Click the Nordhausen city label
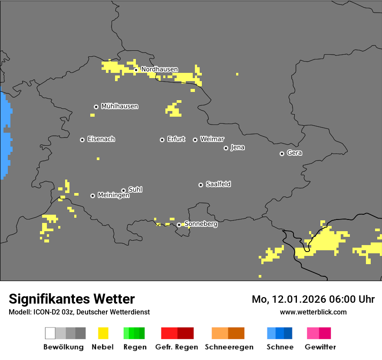(x=159, y=69)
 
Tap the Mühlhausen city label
(x=119, y=106)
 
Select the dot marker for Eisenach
(x=82, y=140)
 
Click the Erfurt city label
(x=176, y=139)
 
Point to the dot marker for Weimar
(x=195, y=140)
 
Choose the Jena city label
(x=237, y=147)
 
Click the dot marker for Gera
(x=282, y=154)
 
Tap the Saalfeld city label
(x=218, y=184)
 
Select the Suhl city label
(x=135, y=190)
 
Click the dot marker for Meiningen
(x=92, y=196)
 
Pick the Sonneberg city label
(x=201, y=224)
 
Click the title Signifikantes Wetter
(x=72, y=299)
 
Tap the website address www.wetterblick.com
(x=313, y=312)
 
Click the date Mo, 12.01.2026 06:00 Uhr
(x=313, y=299)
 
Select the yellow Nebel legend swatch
(x=103, y=333)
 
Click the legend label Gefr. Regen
(x=176, y=347)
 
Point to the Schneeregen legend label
(x=229, y=347)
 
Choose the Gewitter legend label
(x=320, y=347)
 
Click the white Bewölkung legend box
(x=50, y=333)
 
